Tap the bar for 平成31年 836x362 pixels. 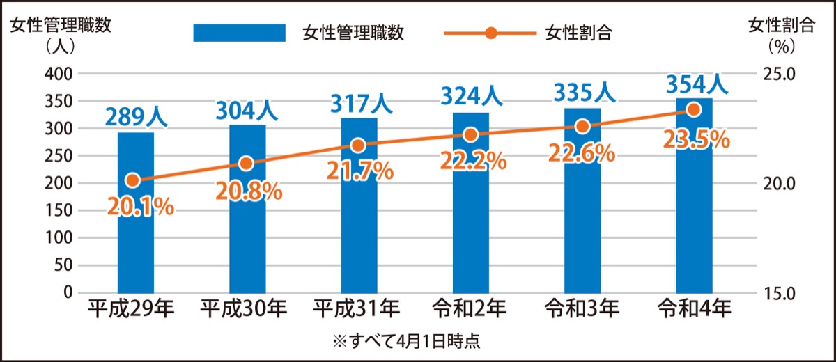tap(359, 230)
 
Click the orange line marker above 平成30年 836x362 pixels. tap(245, 164)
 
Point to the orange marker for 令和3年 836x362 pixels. tap(582, 126)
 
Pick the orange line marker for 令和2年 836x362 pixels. tap(470, 134)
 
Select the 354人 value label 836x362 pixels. tap(695, 84)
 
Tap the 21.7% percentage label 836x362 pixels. tap(359, 170)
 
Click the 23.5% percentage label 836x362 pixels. tap(696, 139)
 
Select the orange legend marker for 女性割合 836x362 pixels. tap(490, 33)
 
